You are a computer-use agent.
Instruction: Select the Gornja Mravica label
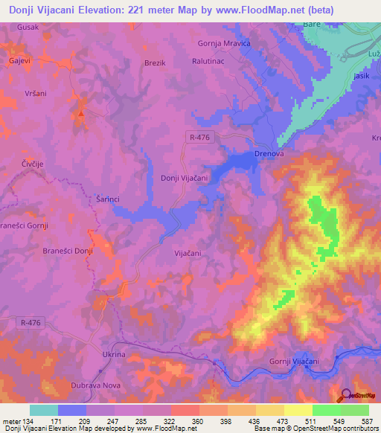point(224,43)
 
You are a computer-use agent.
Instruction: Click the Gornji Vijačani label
point(294,362)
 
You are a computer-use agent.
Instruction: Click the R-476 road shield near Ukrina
point(28,321)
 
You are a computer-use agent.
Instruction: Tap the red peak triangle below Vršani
point(80,114)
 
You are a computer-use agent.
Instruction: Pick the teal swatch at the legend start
point(43,410)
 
